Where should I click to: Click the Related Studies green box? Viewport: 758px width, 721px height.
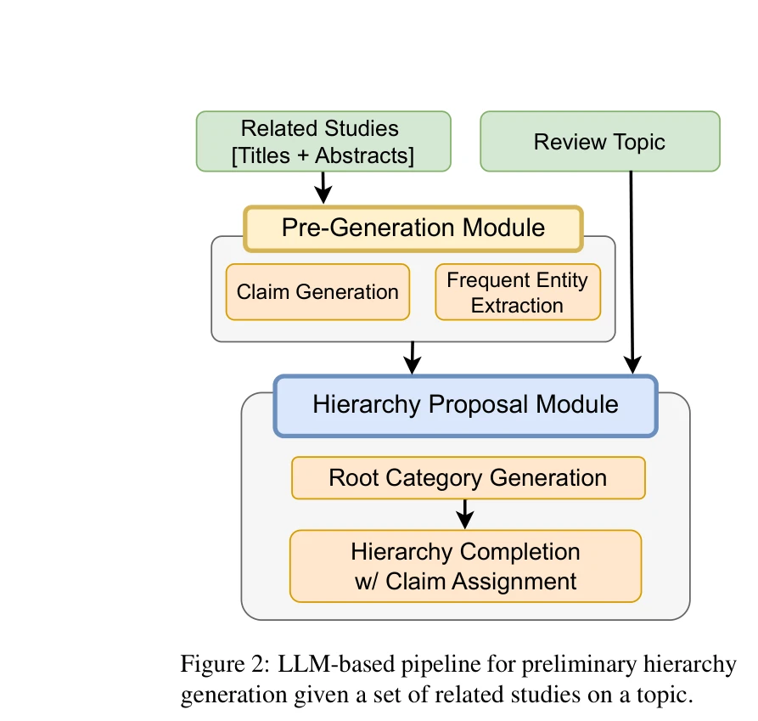pyautogui.click(x=323, y=142)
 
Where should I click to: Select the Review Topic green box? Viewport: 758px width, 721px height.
pyautogui.click(x=599, y=142)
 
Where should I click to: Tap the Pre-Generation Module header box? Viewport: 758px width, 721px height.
pyautogui.click(x=413, y=228)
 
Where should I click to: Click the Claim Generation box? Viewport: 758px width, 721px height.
pyautogui.click(x=317, y=292)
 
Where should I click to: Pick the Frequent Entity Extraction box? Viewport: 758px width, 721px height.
pyautogui.click(x=517, y=292)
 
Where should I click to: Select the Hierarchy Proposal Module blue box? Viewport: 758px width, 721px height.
pyautogui.click(x=465, y=404)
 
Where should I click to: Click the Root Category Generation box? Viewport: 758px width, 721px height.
pyautogui.click(x=468, y=477)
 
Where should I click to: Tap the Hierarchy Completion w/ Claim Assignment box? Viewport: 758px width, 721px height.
pyautogui.click(x=465, y=566)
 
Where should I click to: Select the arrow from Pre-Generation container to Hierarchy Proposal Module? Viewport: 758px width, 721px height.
pyautogui.click(x=412, y=358)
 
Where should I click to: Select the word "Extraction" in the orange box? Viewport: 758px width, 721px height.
pyautogui.click(x=517, y=305)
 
